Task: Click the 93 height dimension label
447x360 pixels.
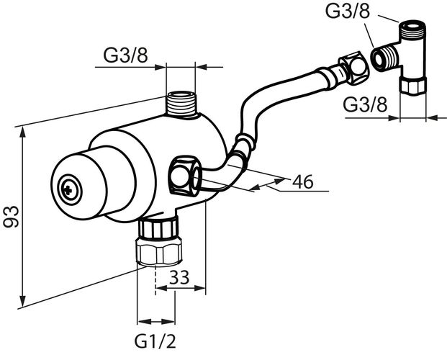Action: click(11, 217)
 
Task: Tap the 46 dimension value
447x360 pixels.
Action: click(303, 181)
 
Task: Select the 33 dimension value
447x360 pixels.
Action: click(179, 277)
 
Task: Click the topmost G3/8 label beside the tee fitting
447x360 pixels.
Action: click(348, 11)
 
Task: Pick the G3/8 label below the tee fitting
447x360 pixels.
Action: click(365, 104)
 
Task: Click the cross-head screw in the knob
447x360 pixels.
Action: click(70, 189)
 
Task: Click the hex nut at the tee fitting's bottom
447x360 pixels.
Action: click(413, 86)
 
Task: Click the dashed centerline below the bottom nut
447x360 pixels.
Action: click(155, 280)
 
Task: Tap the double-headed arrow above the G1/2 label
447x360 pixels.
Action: click(156, 322)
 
